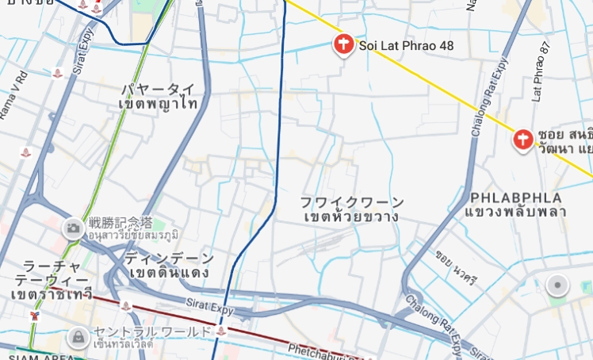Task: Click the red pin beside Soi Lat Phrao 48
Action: [343, 44]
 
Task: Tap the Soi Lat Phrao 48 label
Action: [406, 46]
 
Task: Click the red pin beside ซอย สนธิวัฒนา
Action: [523, 140]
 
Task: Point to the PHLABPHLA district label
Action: [515, 197]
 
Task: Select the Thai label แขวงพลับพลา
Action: [515, 212]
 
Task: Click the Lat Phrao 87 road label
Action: [543, 71]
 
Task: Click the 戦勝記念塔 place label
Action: [121, 223]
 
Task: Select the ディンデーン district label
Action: [169, 259]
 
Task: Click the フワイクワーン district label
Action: [352, 202]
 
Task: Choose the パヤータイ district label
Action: [157, 89]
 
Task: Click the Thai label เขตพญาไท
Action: [157, 103]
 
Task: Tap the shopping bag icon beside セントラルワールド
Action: [78, 337]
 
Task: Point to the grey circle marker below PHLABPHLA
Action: [558, 285]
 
